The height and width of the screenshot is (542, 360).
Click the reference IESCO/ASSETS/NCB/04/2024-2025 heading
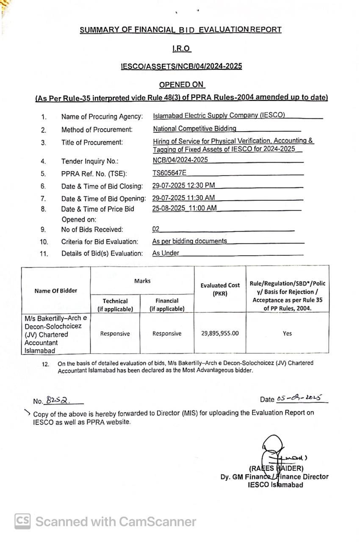[x=181, y=66]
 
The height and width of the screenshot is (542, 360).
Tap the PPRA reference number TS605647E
[x=169, y=172]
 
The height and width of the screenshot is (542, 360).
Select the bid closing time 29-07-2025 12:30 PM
[x=183, y=185]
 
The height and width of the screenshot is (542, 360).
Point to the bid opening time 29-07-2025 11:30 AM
[x=183, y=197]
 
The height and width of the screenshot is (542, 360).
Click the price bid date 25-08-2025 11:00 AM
[x=184, y=208]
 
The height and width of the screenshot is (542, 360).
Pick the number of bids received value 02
[x=156, y=229]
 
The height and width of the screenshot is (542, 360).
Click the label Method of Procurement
[x=97, y=129]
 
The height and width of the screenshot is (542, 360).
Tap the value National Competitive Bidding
[x=194, y=128]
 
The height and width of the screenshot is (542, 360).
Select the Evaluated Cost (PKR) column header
[x=220, y=289]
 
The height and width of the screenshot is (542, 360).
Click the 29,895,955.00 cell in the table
[x=220, y=333]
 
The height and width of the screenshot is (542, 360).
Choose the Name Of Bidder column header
[x=56, y=290]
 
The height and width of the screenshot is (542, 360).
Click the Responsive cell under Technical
[x=115, y=334]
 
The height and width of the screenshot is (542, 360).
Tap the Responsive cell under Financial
[x=167, y=334]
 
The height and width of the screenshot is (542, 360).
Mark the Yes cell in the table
[x=287, y=333]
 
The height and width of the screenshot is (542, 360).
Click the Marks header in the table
[x=142, y=281]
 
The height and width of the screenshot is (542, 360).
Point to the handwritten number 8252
[x=58, y=400]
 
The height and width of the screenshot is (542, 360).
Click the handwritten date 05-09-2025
[x=299, y=398]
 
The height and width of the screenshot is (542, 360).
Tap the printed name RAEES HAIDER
[x=276, y=468]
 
